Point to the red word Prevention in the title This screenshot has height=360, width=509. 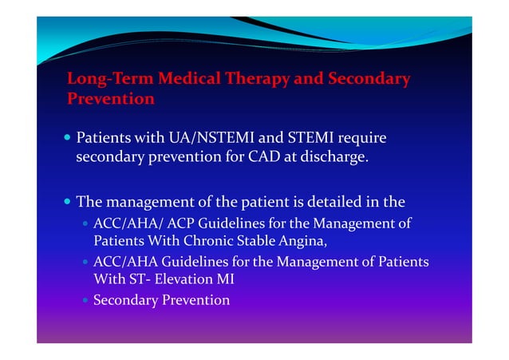(x=110, y=100)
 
